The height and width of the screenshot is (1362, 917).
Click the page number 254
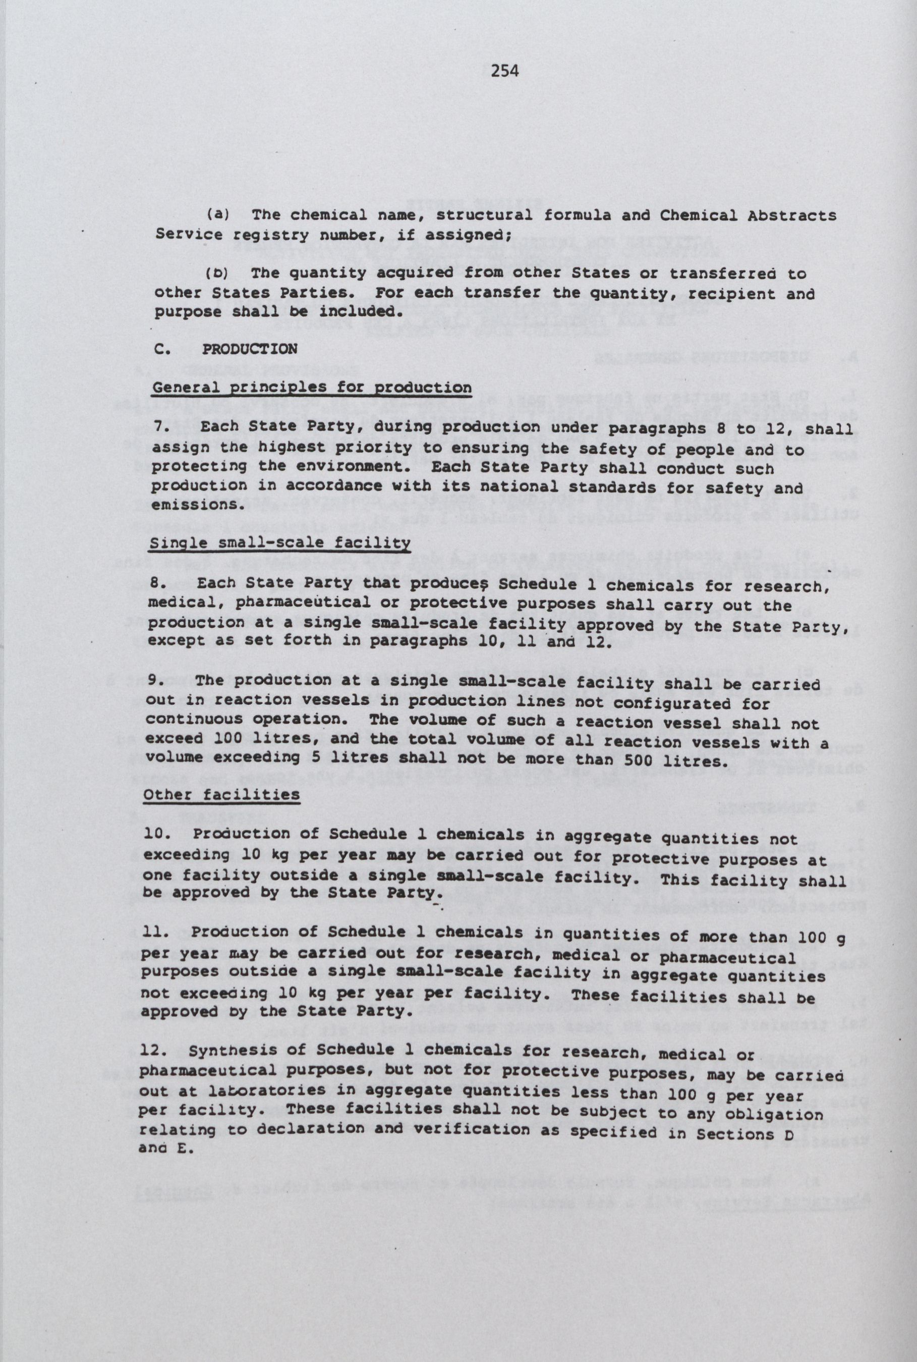pos(505,71)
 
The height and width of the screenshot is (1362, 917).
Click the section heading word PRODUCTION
pos(250,349)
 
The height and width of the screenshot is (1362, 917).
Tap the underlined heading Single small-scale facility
pos(279,543)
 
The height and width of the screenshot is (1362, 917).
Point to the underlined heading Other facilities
pos(221,794)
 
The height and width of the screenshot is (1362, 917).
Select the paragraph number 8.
pos(158,583)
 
